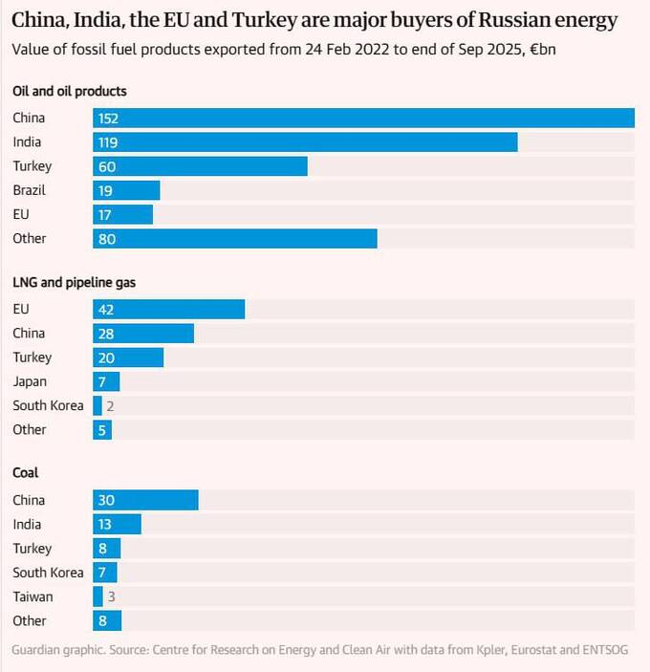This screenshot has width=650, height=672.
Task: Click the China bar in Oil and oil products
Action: point(363,119)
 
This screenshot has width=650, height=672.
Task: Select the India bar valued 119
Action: point(305,142)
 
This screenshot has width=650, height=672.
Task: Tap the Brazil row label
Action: point(29,190)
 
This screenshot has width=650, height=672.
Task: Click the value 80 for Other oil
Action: point(106,239)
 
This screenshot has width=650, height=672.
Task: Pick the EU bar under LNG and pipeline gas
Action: point(168,310)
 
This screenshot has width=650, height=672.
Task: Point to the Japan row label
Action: point(29,381)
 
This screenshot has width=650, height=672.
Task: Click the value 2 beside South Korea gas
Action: point(111,406)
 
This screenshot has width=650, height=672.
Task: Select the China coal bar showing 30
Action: point(145,501)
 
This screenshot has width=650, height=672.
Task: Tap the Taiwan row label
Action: point(32,596)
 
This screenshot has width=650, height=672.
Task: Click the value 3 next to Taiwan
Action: point(111,597)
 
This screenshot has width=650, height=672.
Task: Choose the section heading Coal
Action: point(26,473)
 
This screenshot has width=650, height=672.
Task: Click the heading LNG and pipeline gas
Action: point(78,282)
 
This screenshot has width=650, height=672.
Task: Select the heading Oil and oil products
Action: point(70,91)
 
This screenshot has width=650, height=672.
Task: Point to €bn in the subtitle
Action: point(542,49)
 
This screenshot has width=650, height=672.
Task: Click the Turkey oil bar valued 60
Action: point(200,166)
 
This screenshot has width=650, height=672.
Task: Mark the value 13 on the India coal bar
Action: point(106,525)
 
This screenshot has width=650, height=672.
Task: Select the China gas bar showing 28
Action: point(143,334)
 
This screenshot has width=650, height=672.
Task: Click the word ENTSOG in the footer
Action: point(602,650)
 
